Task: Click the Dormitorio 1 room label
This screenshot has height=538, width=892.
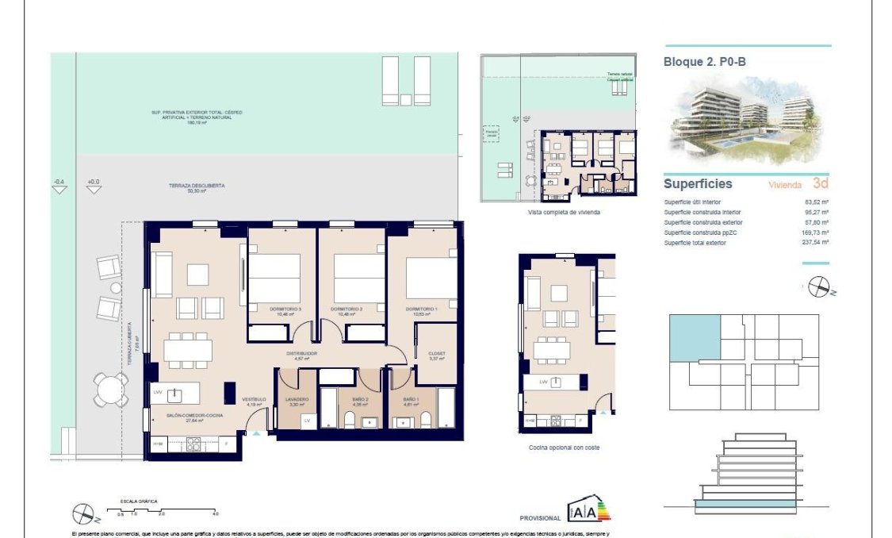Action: coord(421,309)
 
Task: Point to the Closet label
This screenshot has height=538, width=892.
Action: coord(436,355)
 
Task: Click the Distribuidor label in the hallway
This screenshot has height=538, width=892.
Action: coord(302,355)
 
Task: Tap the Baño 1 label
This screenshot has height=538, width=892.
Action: coord(410,400)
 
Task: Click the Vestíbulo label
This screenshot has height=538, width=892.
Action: coord(255,400)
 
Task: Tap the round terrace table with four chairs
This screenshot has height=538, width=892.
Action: coord(109,389)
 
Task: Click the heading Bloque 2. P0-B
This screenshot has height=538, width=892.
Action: coord(704,60)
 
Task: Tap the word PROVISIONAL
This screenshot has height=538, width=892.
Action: coord(540,517)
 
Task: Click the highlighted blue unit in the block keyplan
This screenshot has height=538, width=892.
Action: coord(695,338)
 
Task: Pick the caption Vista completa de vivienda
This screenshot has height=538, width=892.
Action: coord(563,213)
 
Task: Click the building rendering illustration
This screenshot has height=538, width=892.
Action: coord(745,120)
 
